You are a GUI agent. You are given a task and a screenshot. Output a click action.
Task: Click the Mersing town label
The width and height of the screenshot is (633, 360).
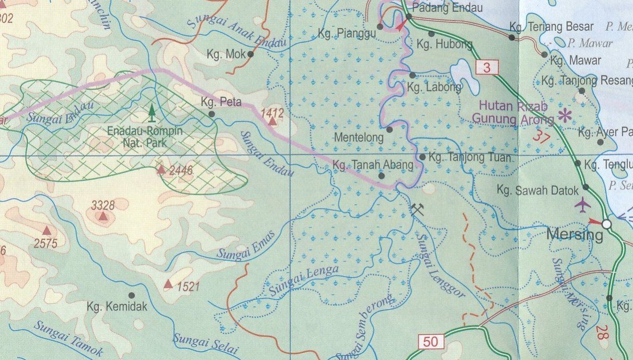(574, 235)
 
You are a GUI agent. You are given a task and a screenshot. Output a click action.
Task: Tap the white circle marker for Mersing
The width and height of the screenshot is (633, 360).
(606, 224)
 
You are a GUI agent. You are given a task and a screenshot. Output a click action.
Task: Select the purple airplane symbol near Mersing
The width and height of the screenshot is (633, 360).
(582, 204)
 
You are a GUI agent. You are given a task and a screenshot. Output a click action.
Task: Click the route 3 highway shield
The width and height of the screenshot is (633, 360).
(487, 67)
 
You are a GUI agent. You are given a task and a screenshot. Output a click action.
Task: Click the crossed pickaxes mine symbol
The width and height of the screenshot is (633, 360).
(416, 210)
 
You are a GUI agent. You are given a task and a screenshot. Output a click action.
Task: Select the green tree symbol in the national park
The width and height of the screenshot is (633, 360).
(152, 111)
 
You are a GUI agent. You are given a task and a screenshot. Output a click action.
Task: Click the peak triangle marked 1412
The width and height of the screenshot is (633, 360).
(273, 122)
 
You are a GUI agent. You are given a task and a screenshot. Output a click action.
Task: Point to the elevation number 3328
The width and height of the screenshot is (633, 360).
(102, 204)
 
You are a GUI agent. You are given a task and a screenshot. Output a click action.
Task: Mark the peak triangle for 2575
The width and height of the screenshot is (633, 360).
(47, 230)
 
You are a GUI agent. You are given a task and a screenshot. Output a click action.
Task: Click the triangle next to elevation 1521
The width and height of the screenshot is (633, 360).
(168, 284)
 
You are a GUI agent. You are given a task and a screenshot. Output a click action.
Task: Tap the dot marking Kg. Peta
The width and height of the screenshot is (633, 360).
(212, 113)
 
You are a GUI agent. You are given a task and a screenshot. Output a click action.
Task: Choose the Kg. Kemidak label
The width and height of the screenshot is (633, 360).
(117, 307)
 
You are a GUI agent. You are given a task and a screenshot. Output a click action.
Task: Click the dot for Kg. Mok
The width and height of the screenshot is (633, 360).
(250, 54)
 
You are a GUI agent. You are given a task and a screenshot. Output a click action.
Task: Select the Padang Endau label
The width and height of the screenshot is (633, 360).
(447, 8)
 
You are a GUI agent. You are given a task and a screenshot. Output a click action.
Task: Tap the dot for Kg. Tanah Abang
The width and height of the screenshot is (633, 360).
(382, 176)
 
